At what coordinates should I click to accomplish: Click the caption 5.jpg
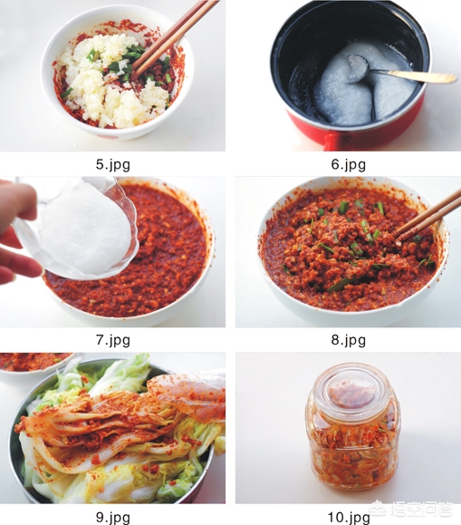112,165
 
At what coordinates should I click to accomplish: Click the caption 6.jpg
349,165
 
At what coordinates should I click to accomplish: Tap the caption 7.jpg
112,340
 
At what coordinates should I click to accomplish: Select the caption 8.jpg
349,340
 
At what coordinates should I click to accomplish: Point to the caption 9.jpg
112,518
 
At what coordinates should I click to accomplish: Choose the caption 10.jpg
349,518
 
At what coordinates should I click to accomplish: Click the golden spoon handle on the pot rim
415,75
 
